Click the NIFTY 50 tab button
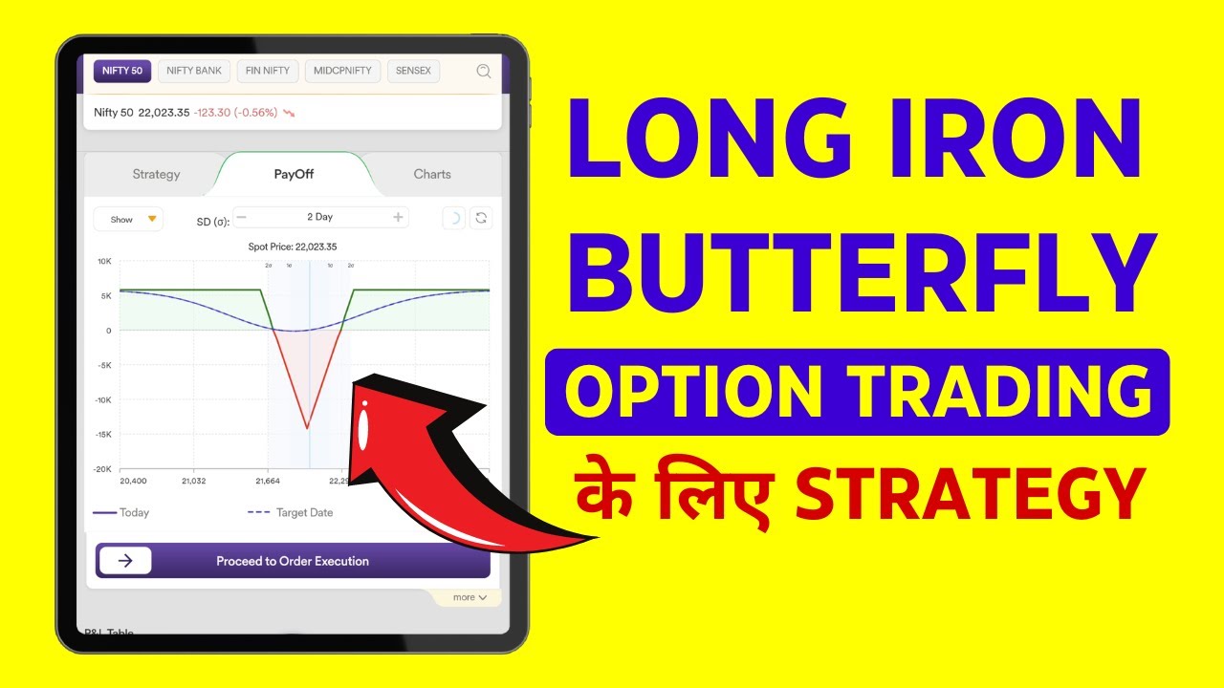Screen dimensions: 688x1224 coord(122,71)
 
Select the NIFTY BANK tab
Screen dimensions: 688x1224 coord(194,71)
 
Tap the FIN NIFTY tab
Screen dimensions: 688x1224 coord(267,71)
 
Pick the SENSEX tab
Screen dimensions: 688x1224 coord(413,71)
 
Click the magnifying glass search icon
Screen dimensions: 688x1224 coord(484,71)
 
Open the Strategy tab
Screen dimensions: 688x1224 coord(156,174)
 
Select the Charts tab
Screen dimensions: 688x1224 coord(432,174)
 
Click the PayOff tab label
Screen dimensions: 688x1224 coord(294,174)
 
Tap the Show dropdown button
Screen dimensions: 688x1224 coord(128,219)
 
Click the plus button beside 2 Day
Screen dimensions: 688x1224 coord(398,218)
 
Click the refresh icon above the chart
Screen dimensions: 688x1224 coord(481,218)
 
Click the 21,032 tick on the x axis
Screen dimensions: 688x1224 coord(194,481)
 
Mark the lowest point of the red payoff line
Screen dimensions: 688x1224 coord(307,427)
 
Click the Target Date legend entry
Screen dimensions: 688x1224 coord(291,513)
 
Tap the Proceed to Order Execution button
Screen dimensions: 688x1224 coord(292,561)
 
